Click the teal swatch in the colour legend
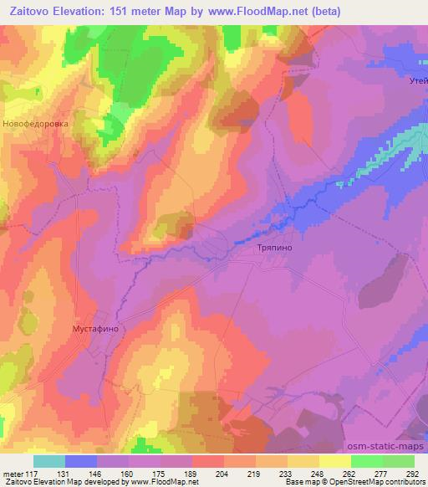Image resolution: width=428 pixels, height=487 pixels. [x=49, y=461]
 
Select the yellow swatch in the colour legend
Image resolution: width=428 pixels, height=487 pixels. [x=335, y=461]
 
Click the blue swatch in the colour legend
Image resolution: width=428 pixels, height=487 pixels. [x=81, y=461]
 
